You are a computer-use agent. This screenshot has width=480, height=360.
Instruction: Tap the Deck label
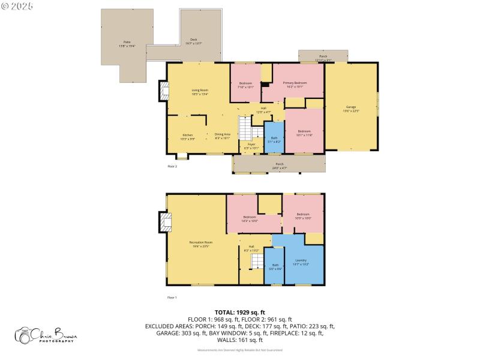pyautogui.click(x=194, y=41)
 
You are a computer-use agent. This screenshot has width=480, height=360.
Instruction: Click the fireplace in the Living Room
pyautogui.click(x=163, y=91)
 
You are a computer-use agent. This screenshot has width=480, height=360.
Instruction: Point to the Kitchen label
pyautogui.click(x=188, y=137)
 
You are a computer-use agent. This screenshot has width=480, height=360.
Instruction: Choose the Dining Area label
pyautogui.click(x=223, y=136)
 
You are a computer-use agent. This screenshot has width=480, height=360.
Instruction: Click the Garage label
pyautogui.click(x=351, y=109)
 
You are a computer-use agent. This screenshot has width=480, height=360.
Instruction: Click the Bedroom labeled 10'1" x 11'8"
pyautogui.click(x=304, y=133)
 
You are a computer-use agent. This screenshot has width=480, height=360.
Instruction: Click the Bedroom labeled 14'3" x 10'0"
pyautogui.click(x=250, y=218)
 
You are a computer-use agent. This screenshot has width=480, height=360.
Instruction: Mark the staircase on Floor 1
pyautogui.click(x=257, y=262)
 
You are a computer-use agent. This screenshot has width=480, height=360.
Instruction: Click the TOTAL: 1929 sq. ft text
pyautogui.click(x=240, y=313)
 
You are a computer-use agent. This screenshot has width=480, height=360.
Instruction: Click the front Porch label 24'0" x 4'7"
pyautogui.click(x=279, y=166)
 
